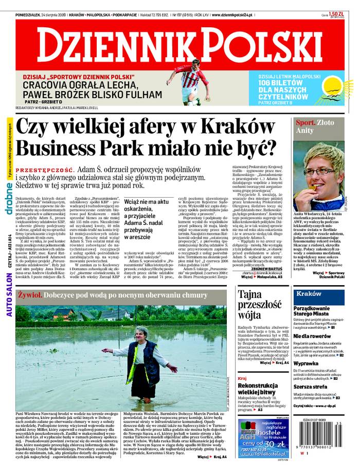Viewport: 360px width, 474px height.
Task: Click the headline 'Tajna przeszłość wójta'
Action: point(257,304)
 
